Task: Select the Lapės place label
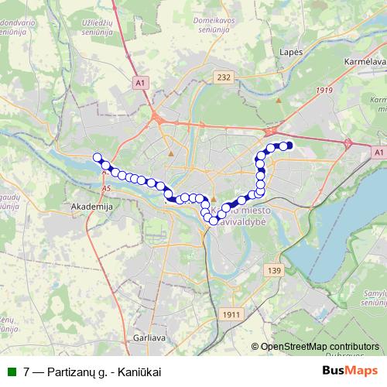[289, 51]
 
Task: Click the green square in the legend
[11, 372]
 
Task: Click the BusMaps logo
[350, 372]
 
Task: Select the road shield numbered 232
[224, 77]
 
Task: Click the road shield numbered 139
[273, 269]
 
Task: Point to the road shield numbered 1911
[231, 313]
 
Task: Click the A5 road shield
[106, 188]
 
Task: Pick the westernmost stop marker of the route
[98, 157]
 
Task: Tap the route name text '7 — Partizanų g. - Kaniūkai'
[92, 372]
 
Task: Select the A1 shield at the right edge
[378, 153]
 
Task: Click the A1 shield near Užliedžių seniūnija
[140, 81]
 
